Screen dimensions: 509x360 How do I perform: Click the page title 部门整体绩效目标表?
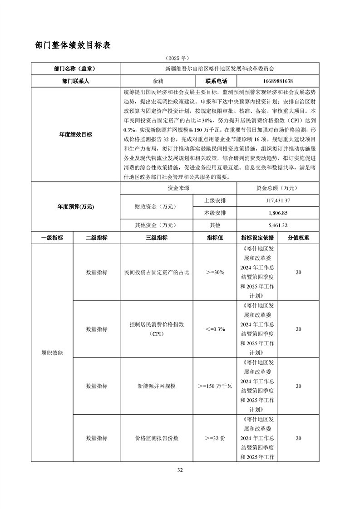point(73,45)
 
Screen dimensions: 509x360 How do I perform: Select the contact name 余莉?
point(158,81)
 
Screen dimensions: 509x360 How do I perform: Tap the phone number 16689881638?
point(278,81)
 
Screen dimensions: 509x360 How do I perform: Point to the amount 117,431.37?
point(278,201)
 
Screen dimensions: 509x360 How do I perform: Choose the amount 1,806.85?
point(278,213)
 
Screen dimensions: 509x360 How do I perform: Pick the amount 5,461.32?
point(278,225)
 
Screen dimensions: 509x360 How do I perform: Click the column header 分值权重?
point(298,237)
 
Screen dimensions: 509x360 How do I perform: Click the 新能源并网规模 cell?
point(156,386)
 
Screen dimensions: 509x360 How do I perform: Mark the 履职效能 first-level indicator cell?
point(52,352)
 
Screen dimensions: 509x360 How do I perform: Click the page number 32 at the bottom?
point(180,470)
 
